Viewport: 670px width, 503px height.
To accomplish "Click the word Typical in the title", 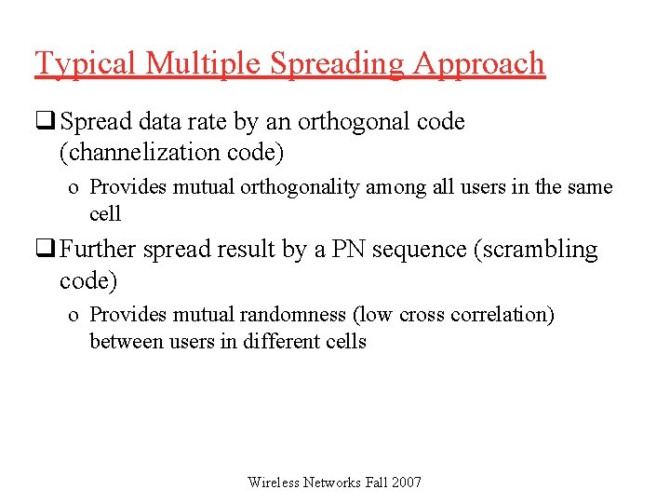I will tap(86, 63).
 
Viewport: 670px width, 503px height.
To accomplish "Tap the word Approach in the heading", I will tap(478, 63).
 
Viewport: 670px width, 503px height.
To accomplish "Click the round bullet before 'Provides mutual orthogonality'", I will tap(73, 188).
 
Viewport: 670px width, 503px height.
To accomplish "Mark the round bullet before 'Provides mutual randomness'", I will tap(73, 316).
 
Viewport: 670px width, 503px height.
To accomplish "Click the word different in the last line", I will tap(277, 341).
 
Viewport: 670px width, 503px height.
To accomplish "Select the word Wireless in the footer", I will tap(274, 482).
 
